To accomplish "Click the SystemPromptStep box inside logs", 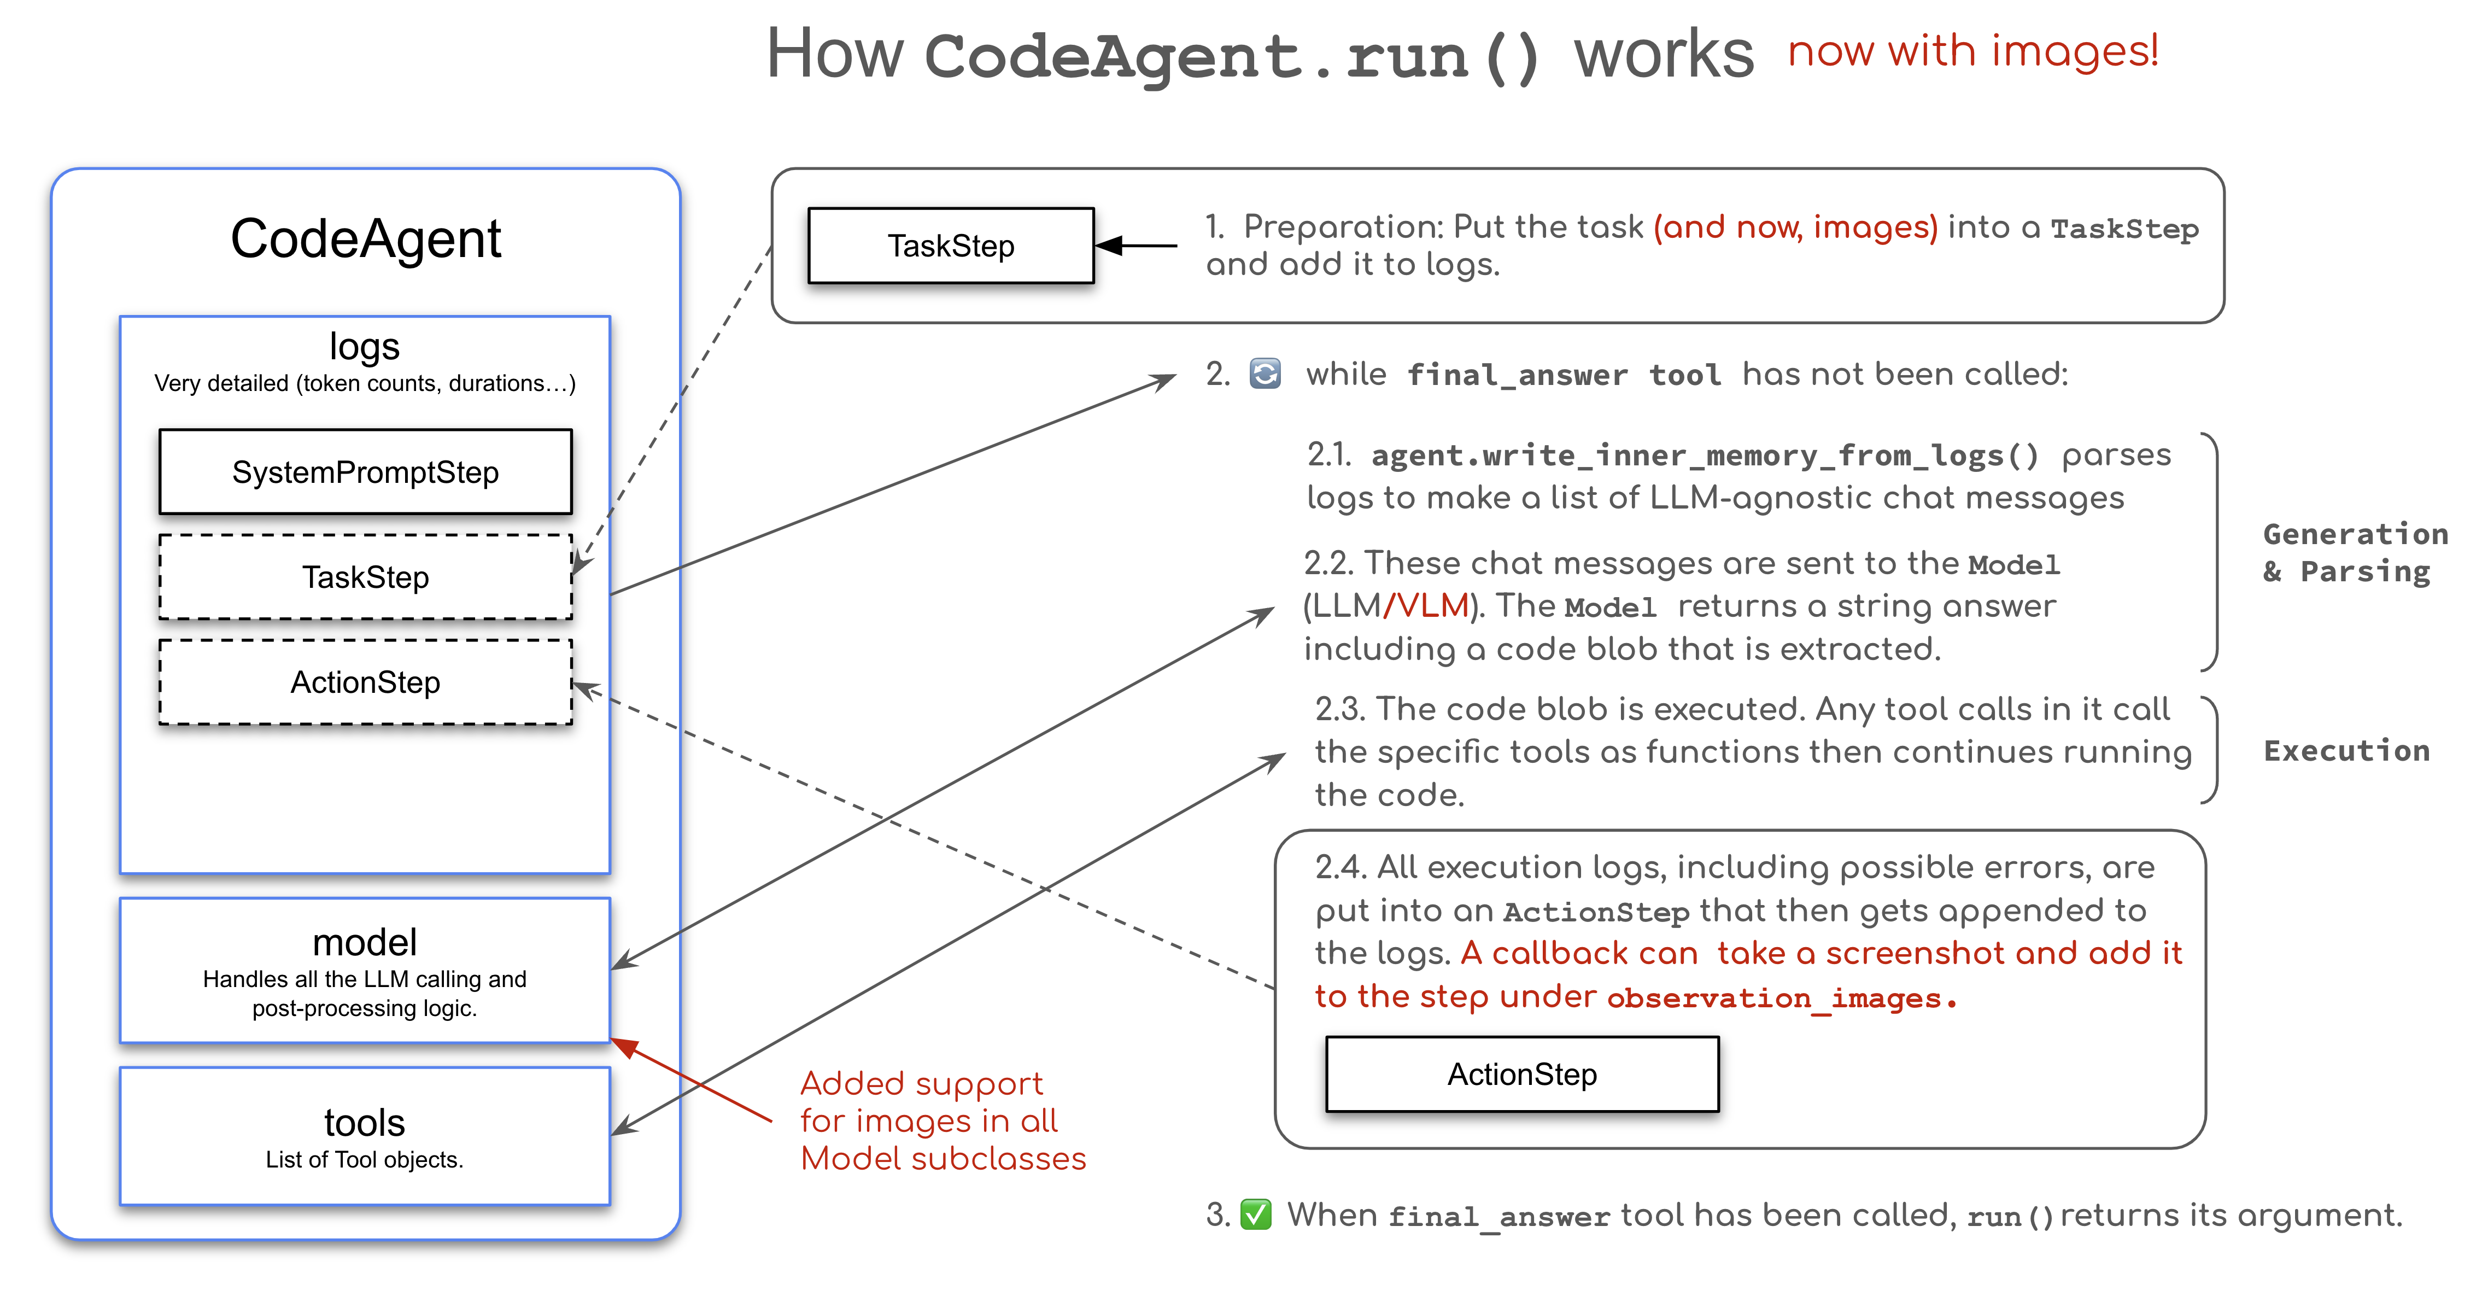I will pyautogui.click(x=365, y=472).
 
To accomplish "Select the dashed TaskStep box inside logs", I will pyautogui.click(x=365, y=577).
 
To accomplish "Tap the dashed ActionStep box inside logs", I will pyautogui.click(x=365, y=682).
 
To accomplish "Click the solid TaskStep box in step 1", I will pyautogui.click(x=951, y=246).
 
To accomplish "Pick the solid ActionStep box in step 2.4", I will pyautogui.click(x=1523, y=1075).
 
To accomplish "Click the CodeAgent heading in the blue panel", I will pyautogui.click(x=365, y=239).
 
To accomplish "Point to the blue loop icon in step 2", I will pyautogui.click(x=1265, y=374).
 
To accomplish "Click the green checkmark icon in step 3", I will pyautogui.click(x=1255, y=1215).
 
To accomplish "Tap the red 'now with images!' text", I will pyautogui.click(x=1972, y=51).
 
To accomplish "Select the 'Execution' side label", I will pyautogui.click(x=2346, y=751).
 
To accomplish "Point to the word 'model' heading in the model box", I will pyautogui.click(x=365, y=942).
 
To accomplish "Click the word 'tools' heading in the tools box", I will pyautogui.click(x=365, y=1123).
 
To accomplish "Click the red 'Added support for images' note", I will pyautogui.click(x=943, y=1120).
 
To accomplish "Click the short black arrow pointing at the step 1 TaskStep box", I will pyautogui.click(x=1137, y=246).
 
